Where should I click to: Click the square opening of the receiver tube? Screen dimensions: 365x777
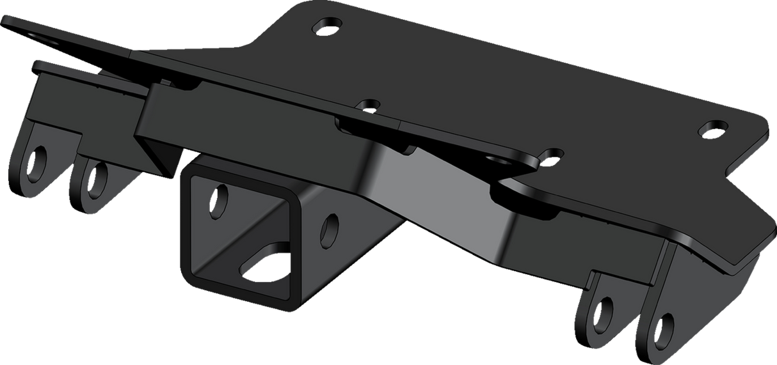[x=243, y=230]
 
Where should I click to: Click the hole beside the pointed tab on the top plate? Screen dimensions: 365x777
[x=551, y=154]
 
